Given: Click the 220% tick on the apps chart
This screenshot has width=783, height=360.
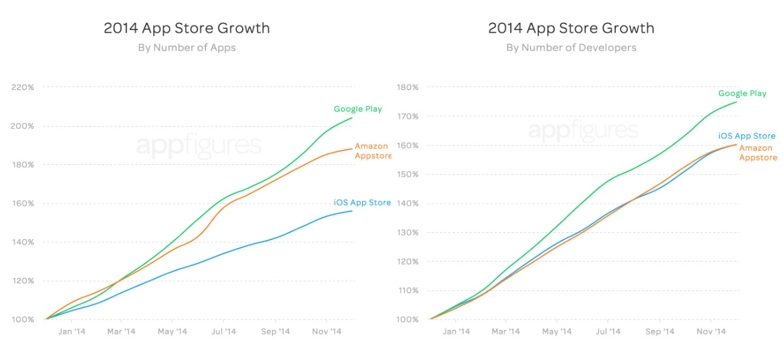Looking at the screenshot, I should pyautogui.click(x=23, y=87).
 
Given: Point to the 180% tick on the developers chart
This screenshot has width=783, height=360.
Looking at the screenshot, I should pyautogui.click(x=408, y=87).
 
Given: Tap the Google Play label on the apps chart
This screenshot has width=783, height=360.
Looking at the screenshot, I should pyautogui.click(x=358, y=109).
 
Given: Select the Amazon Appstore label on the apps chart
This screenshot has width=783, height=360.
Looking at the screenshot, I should pyautogui.click(x=373, y=151).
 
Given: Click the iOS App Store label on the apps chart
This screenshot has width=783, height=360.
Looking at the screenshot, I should pyautogui.click(x=362, y=203).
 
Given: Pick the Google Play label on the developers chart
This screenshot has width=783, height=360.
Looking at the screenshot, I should pyautogui.click(x=743, y=93).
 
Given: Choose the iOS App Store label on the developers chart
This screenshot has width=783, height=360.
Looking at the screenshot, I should pyautogui.click(x=746, y=136).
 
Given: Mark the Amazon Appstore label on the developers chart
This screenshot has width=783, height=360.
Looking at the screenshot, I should pyautogui.click(x=758, y=153).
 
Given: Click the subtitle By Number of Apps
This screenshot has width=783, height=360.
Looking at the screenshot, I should pyautogui.click(x=187, y=48).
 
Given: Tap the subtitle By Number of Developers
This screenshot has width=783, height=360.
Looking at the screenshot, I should pyautogui.click(x=571, y=48).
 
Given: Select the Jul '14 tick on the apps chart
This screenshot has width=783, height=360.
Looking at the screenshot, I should pyautogui.click(x=224, y=332).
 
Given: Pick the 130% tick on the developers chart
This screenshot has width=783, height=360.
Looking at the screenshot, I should pyautogui.click(x=408, y=233).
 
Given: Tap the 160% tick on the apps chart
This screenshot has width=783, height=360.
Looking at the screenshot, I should pyautogui.click(x=23, y=203).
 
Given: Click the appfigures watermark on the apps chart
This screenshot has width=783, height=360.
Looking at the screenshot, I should pyautogui.click(x=198, y=145).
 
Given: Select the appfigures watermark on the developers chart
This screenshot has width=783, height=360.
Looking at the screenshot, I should pyautogui.click(x=583, y=130).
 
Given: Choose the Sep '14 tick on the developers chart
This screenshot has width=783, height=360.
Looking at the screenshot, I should pyautogui.click(x=659, y=332).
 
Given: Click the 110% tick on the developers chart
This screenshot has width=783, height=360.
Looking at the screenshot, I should pyautogui.click(x=408, y=291).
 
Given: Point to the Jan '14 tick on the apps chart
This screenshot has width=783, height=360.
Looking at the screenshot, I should pyautogui.click(x=72, y=332).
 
